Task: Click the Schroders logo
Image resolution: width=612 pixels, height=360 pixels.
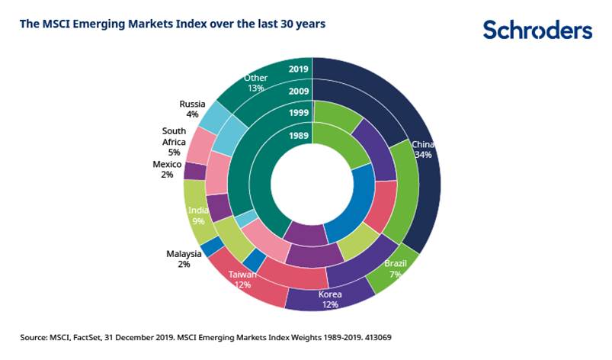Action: pyautogui.click(x=537, y=30)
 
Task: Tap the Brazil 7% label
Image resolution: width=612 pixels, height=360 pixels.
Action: pyautogui.click(x=396, y=268)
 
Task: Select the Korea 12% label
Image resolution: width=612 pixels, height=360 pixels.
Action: pyautogui.click(x=330, y=299)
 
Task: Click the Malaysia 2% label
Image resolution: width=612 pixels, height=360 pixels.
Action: pyautogui.click(x=184, y=259)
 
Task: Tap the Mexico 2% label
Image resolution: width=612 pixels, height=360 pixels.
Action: pyautogui.click(x=167, y=169)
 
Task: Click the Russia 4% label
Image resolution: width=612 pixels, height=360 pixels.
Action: pyautogui.click(x=187, y=109)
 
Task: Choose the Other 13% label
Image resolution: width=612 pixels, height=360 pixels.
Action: pyautogui.click(x=255, y=82)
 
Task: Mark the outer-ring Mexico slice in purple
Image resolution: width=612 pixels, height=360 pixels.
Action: pyautogui.click(x=194, y=171)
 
